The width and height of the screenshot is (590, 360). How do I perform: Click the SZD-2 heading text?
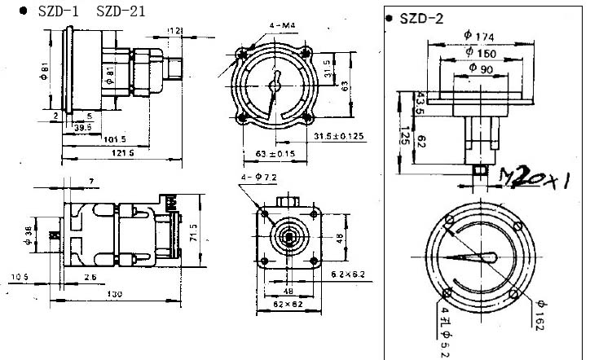(x=422, y=19)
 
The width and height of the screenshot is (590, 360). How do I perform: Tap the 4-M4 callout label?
(x=283, y=27)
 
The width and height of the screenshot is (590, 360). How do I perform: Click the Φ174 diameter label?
(x=479, y=36)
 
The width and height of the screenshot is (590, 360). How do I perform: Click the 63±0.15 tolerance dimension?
(x=274, y=152)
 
